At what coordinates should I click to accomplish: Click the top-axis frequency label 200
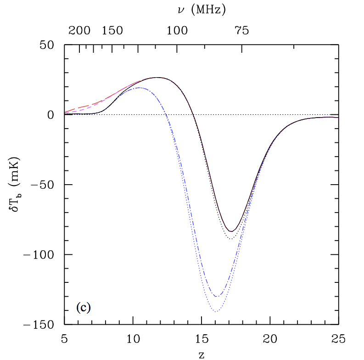pyautogui.click(x=79, y=31)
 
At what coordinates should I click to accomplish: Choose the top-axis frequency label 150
pyautogui.click(x=112, y=31)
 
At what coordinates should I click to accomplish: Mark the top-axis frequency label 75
pyautogui.click(x=242, y=31)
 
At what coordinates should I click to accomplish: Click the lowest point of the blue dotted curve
pyautogui.click(x=215, y=312)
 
